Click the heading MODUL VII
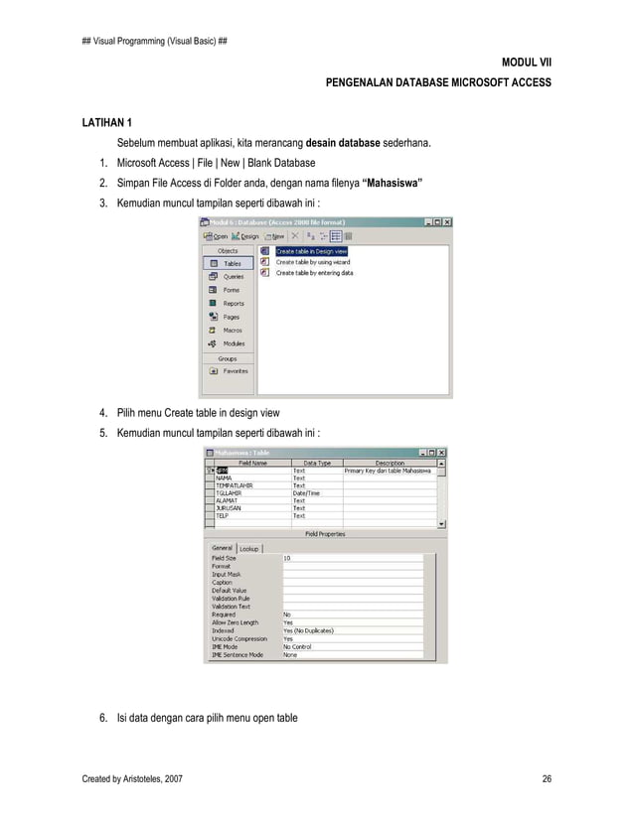(x=531, y=62)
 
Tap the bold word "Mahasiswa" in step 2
(x=393, y=184)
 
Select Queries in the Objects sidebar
(x=233, y=277)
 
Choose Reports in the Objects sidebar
(x=233, y=304)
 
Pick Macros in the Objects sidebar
(x=233, y=331)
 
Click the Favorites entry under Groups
(x=236, y=370)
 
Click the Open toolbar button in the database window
(x=216, y=236)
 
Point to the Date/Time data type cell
(x=307, y=492)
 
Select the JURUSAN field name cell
(x=230, y=508)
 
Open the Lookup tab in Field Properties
(x=248, y=548)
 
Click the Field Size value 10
(x=288, y=558)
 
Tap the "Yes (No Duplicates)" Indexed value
(x=308, y=630)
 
